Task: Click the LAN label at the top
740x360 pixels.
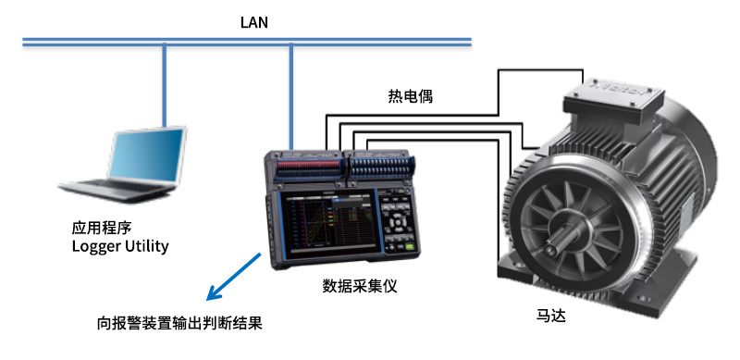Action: click(253, 22)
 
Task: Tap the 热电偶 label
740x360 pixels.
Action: click(410, 96)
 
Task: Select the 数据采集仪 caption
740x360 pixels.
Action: click(360, 285)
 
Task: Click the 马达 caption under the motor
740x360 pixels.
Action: click(550, 316)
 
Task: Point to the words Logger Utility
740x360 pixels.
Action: click(120, 246)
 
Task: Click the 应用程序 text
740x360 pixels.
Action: click(102, 229)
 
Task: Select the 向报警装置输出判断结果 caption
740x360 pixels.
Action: click(179, 324)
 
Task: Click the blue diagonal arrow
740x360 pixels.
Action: click(234, 277)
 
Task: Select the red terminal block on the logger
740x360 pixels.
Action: click(309, 165)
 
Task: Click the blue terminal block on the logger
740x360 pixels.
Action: click(377, 165)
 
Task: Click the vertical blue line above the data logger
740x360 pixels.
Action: click(291, 98)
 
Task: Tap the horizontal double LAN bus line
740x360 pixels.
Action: click(247, 42)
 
